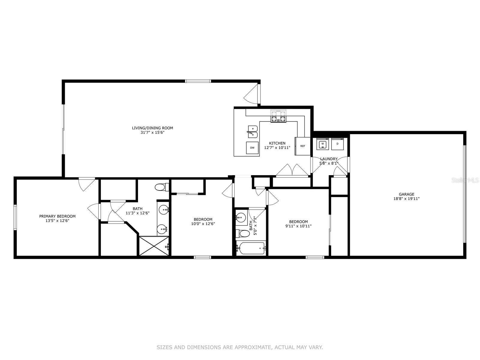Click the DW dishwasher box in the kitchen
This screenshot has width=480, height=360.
click(x=252, y=148)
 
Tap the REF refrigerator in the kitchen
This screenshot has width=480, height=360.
click(x=303, y=146)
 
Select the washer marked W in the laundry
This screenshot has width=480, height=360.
click(x=322, y=144)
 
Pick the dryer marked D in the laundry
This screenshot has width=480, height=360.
click(x=337, y=144)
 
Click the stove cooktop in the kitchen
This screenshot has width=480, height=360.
click(x=278, y=116)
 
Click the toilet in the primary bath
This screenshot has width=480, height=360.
click(x=162, y=187)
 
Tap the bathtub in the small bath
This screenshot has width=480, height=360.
click(x=251, y=248)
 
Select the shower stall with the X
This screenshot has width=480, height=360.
click(x=154, y=246)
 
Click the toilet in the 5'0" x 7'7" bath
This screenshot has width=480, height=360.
click(x=243, y=233)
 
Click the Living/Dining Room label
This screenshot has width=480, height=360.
click(x=152, y=128)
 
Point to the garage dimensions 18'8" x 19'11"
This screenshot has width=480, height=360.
click(x=406, y=199)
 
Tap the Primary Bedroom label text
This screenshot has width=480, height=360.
click(x=57, y=216)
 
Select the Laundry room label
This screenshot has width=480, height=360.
click(x=329, y=159)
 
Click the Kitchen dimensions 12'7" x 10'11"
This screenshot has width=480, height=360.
click(x=277, y=148)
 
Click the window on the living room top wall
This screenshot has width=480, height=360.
click(x=198, y=81)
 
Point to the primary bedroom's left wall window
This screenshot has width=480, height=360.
click(x=15, y=217)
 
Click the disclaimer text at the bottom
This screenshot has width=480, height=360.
click(x=240, y=347)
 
